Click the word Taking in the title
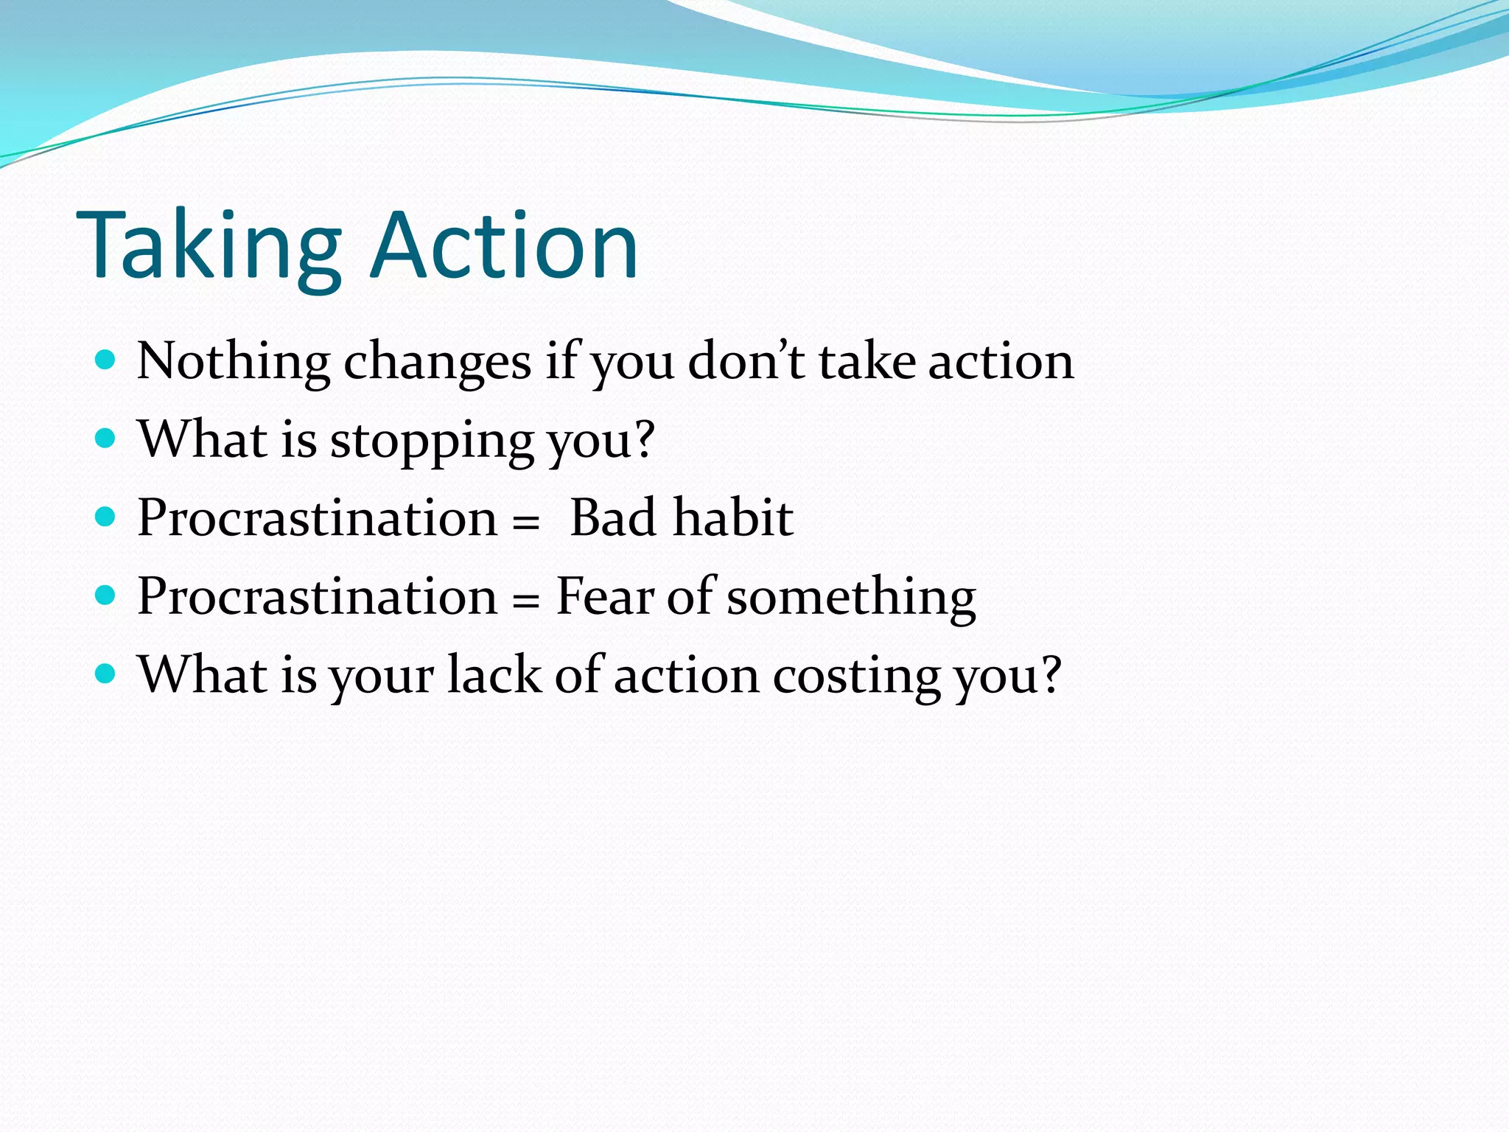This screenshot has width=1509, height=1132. click(x=209, y=247)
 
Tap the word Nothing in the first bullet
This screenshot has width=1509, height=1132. click(x=233, y=363)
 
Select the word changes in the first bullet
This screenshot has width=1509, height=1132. click(x=437, y=363)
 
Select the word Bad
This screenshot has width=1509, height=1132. click(x=613, y=517)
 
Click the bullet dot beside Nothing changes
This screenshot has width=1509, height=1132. click(x=106, y=360)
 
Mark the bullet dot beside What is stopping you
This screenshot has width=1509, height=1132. click(x=106, y=439)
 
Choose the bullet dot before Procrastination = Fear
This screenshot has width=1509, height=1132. click(x=106, y=595)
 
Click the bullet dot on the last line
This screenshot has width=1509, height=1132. click(x=106, y=673)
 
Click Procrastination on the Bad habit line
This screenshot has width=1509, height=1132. click(x=317, y=517)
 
